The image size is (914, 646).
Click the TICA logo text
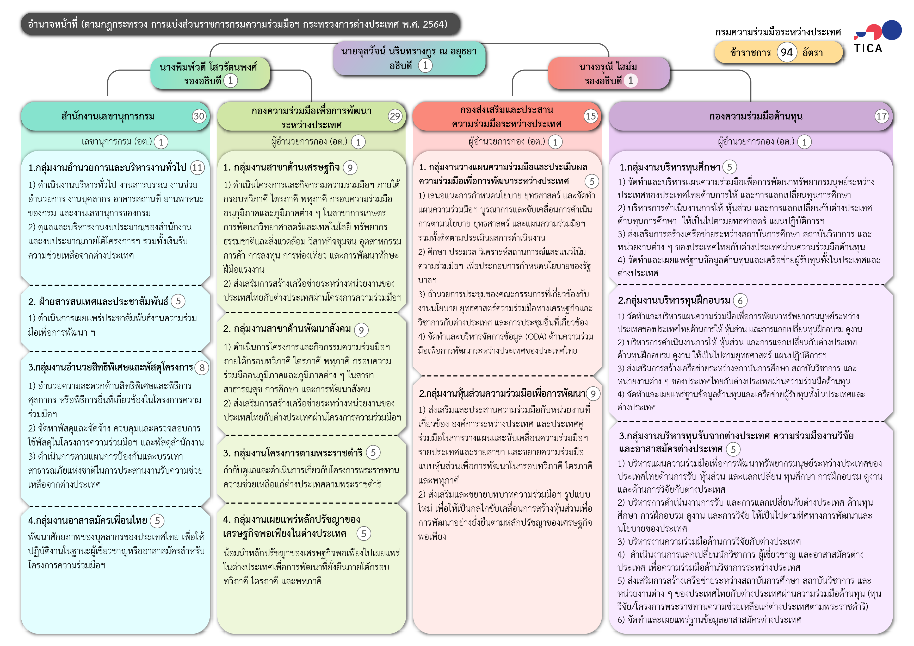click(x=868, y=48)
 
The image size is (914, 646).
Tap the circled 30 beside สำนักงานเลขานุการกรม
click(x=199, y=116)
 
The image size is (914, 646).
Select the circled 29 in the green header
click(x=395, y=116)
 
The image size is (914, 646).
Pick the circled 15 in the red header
click(x=591, y=116)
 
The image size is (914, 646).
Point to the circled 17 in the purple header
click(x=882, y=116)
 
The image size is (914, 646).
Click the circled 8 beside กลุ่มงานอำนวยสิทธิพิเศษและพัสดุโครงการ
click(x=202, y=368)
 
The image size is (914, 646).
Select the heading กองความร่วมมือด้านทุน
click(x=756, y=116)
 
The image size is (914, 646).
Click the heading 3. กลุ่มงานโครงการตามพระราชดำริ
click(x=293, y=453)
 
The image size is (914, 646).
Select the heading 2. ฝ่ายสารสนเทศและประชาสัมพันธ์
click(x=98, y=302)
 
